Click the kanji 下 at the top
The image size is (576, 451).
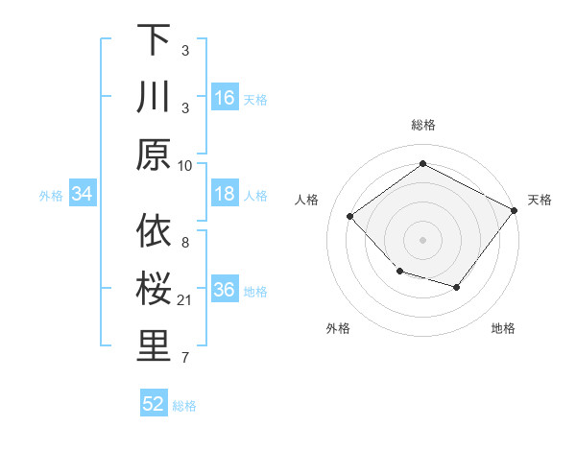154,41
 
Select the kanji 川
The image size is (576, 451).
154,98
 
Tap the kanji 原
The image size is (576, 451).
154,154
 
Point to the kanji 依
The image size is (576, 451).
154,233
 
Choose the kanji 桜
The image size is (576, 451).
154,290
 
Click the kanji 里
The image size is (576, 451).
154,347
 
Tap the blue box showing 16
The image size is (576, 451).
225,97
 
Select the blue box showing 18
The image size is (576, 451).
225,194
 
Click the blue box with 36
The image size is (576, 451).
225,290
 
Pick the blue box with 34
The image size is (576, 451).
83,194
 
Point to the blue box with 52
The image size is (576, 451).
154,404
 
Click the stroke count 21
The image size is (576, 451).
185,300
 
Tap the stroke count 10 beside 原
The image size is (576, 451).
185,164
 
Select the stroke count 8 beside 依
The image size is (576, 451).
185,244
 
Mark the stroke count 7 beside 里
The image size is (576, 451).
185,358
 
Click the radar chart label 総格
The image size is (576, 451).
422,125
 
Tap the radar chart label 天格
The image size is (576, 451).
540,200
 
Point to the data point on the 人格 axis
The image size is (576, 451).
350,216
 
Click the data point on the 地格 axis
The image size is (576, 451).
457,287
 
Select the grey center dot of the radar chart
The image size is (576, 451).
422,239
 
